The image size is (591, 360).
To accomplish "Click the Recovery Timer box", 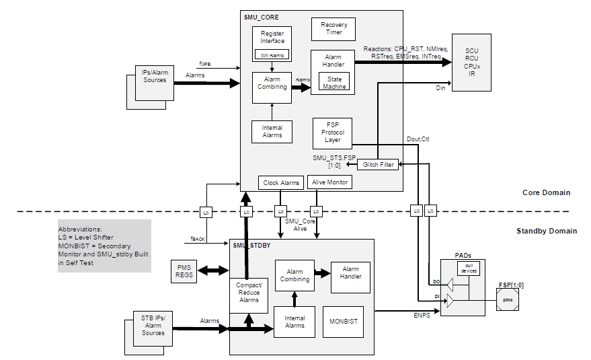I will [333, 29].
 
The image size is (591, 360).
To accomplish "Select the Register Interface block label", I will [272, 37].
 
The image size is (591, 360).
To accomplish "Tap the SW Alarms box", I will [272, 55].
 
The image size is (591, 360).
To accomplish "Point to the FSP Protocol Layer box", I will [333, 133].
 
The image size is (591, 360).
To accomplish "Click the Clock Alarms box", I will [281, 182].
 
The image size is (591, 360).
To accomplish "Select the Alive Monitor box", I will [329, 182].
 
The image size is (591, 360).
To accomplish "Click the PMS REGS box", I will [184, 271].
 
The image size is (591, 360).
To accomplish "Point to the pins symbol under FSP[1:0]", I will [508, 299].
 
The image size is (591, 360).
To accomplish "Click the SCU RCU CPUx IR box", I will [472, 62].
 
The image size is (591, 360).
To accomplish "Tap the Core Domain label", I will [546, 193].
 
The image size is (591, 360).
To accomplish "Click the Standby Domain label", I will [546, 231].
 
